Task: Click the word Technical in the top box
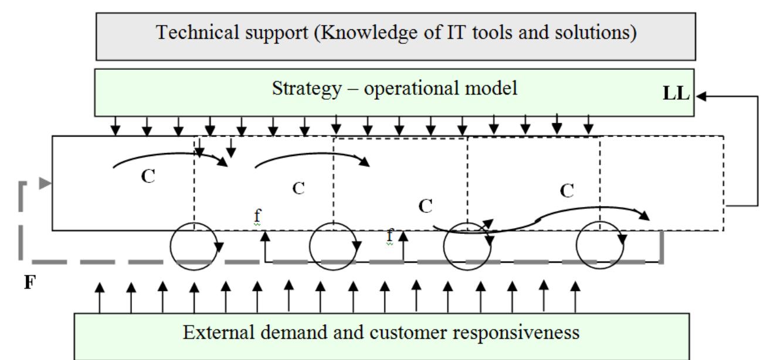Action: point(197,32)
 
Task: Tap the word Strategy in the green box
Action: point(307,89)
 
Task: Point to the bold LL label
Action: point(676,93)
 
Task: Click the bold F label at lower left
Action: point(30,282)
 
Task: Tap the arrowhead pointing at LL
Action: point(701,97)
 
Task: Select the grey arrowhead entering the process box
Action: point(45,183)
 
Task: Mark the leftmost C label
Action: point(148,176)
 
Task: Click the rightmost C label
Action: point(567,191)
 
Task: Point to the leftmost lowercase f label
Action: point(257,216)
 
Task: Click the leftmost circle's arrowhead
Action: point(219,246)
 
